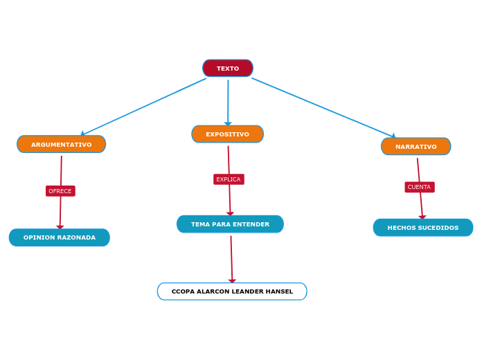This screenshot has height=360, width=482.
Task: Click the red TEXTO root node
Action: coord(227,69)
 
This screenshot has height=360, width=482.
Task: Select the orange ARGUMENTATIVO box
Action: coord(61,144)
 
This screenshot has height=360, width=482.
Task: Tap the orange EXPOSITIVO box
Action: coord(227,134)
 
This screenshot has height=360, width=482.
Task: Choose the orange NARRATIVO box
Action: coord(416,147)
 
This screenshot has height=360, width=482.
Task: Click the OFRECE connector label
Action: coord(60,191)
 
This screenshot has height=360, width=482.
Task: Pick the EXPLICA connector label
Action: coord(229,179)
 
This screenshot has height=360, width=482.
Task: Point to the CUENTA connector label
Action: coord(419,187)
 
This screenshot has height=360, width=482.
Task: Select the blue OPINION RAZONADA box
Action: coord(60,237)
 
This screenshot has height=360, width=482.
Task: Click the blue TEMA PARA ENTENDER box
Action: coord(230,224)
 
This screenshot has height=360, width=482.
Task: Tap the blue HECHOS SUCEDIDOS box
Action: coord(422,228)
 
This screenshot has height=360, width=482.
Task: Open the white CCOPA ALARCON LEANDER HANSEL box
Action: coord(232,291)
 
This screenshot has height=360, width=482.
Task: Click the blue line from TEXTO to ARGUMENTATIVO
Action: coord(144,106)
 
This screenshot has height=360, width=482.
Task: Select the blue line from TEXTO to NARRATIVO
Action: coord(323,107)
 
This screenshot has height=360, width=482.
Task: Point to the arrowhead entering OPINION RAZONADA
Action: coord(60,226)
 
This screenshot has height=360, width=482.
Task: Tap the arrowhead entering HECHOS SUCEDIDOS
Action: coord(422,217)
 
